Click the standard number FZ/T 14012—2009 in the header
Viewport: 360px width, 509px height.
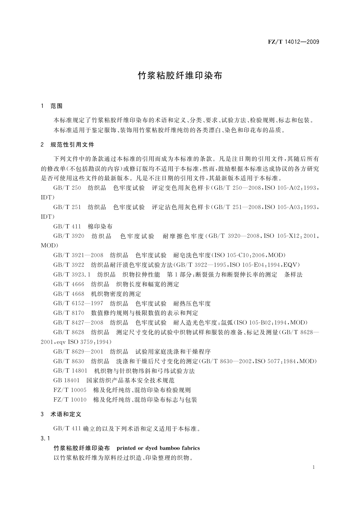pyautogui.click(x=293, y=42)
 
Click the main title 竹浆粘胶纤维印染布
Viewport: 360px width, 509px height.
pyautogui.click(x=180, y=76)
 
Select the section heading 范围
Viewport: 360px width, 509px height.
pyautogui.click(x=57, y=106)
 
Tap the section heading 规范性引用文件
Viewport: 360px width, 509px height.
pyautogui.click(x=72, y=145)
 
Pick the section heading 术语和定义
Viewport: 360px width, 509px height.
pyautogui.click(x=66, y=414)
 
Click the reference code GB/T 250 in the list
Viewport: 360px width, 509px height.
pyautogui.click(x=67, y=188)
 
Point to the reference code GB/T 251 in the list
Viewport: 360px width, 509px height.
pyautogui.click(x=67, y=207)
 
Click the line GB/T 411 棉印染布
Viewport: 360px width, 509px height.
pyautogui.click(x=83, y=226)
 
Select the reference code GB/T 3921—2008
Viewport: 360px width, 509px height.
pyautogui.click(x=78, y=255)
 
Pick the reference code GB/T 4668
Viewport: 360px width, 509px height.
pyautogui.click(x=69, y=294)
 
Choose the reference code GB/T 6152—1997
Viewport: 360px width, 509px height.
pyautogui.click(x=78, y=303)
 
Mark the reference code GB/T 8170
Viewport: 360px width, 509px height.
pyautogui.click(x=69, y=313)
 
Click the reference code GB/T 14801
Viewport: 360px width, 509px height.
pyautogui.click(x=70, y=371)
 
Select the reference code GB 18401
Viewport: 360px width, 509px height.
pyautogui.click(x=66, y=381)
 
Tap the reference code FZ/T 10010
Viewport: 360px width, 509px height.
pyautogui.click(x=70, y=400)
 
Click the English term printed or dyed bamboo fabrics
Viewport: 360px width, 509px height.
pyautogui.click(x=158, y=448)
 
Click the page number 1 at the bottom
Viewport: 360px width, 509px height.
pyautogui.click(x=313, y=467)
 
